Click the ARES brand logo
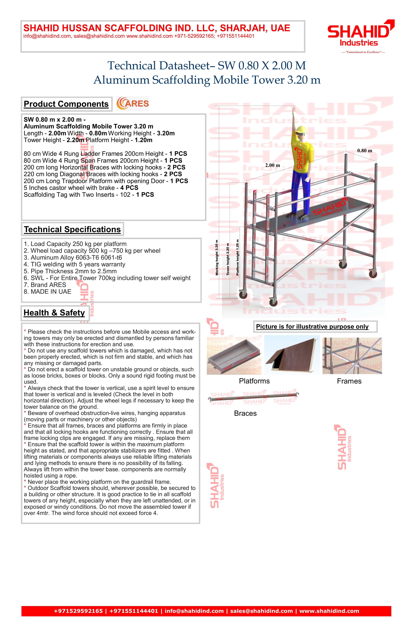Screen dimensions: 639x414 coord(132,104)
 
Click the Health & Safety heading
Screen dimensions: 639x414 coord(54,313)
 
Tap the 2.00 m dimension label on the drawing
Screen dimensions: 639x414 coord(273,165)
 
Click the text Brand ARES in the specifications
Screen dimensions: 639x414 coord(45,285)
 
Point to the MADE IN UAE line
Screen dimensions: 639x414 coord(48,292)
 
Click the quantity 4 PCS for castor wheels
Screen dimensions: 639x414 coord(129,188)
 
